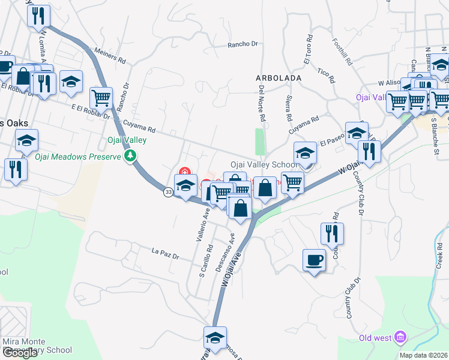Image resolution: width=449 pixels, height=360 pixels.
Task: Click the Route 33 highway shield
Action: (168, 191)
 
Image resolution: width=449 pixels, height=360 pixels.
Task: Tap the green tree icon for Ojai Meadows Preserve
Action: (130, 156)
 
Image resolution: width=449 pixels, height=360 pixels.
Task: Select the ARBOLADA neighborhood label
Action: (277, 78)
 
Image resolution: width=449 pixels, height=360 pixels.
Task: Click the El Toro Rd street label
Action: (308, 52)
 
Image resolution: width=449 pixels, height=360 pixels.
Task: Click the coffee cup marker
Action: (314, 260)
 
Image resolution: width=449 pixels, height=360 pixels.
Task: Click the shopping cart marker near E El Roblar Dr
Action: (101, 97)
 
